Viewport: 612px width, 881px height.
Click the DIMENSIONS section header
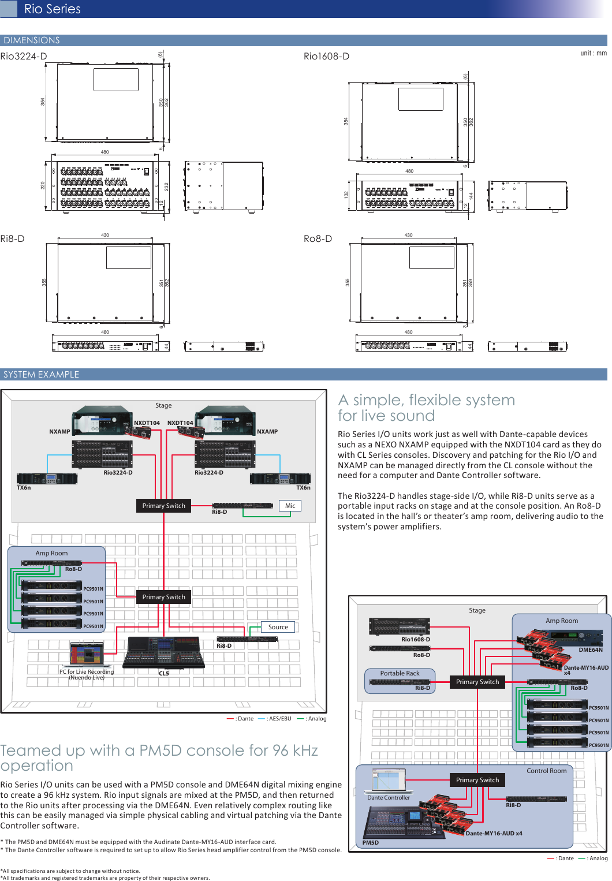point(32,40)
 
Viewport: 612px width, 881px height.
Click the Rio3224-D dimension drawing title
point(24,56)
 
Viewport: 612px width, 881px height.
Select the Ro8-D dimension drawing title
point(318,238)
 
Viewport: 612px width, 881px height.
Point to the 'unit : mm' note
point(593,53)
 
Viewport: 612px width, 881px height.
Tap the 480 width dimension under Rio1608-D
point(409,171)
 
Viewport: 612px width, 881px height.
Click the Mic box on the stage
point(290,506)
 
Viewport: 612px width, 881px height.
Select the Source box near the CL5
point(278,627)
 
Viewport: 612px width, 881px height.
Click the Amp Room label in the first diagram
point(51,553)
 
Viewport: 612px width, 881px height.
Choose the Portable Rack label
point(400,673)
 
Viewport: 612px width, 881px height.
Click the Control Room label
point(546,771)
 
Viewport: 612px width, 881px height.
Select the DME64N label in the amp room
point(590,649)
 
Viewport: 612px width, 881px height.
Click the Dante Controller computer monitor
point(388,781)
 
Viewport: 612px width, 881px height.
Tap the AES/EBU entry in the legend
point(279,719)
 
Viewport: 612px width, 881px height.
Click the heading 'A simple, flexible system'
point(426,400)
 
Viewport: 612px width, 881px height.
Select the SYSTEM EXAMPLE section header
point(41,375)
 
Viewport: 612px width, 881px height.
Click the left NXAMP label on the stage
point(59,431)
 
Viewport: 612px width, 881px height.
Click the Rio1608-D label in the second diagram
point(415,639)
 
